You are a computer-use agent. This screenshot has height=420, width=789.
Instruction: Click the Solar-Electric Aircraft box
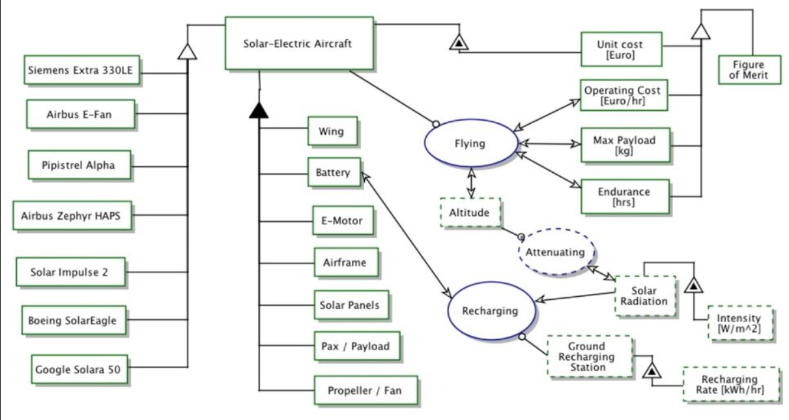299,43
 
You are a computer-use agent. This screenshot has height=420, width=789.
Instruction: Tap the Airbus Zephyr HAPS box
72,215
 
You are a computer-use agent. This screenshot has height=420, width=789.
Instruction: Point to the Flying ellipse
470,143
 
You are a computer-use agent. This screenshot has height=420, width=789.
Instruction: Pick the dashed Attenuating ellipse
556,252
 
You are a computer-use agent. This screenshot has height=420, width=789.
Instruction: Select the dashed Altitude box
469,212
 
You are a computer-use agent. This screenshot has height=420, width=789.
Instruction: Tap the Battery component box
332,173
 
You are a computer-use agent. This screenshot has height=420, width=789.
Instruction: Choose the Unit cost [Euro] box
620,49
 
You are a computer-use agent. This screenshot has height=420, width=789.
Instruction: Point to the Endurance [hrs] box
624,197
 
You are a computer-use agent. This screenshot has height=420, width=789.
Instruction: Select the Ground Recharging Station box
590,356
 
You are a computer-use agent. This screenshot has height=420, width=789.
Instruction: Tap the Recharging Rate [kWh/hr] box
729,385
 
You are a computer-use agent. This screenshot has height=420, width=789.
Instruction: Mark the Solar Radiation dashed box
644,295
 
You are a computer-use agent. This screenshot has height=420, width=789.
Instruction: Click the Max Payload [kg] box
624,145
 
